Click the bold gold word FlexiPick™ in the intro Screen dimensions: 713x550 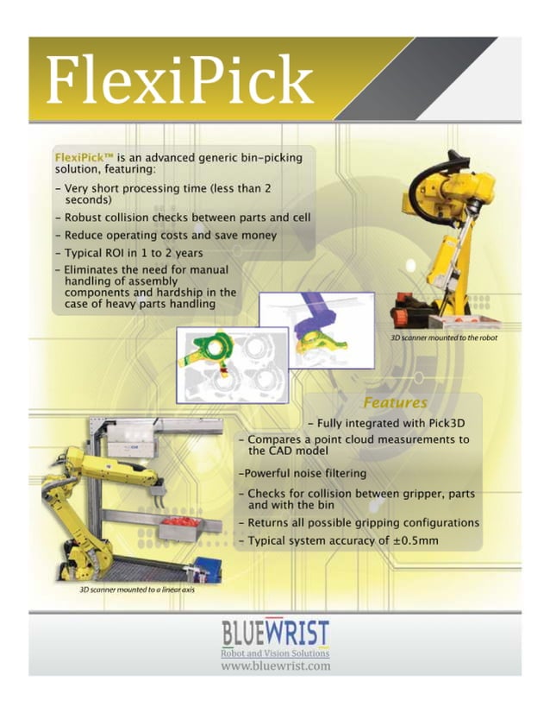83,158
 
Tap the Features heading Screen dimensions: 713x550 395,402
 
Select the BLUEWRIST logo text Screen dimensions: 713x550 275,635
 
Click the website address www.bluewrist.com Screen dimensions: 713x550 275,667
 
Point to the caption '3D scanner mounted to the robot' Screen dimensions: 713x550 444,338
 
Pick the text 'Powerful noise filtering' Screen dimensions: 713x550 303,473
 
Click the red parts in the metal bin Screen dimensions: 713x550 178,522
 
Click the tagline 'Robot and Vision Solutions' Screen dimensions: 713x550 275,653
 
